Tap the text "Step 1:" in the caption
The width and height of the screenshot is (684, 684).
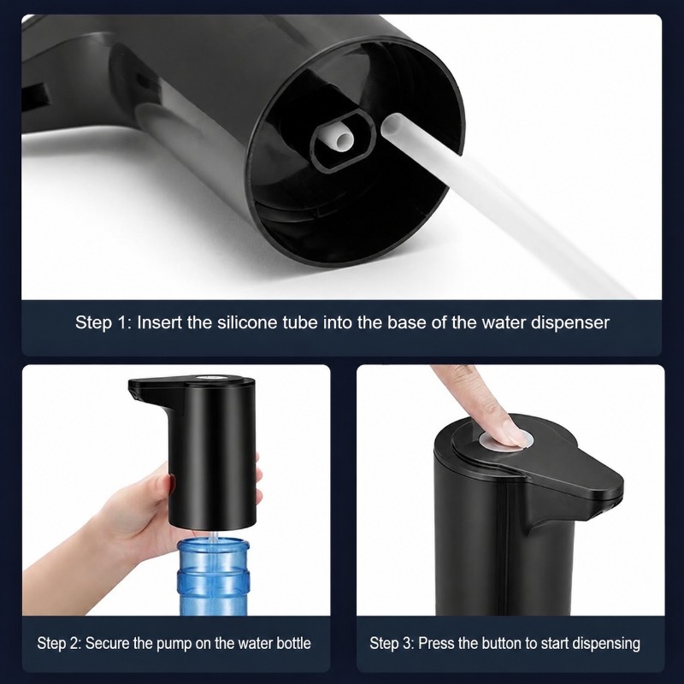(x=103, y=323)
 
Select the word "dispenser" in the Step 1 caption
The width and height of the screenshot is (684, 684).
(x=570, y=323)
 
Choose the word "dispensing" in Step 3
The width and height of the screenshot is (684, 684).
(x=606, y=644)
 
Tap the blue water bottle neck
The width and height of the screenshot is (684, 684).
(x=212, y=576)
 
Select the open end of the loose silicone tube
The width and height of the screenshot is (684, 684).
(x=392, y=125)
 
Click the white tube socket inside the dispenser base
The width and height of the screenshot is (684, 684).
(x=337, y=139)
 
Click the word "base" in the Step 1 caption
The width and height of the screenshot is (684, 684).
(x=408, y=322)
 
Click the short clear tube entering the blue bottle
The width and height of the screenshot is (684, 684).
(x=213, y=538)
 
